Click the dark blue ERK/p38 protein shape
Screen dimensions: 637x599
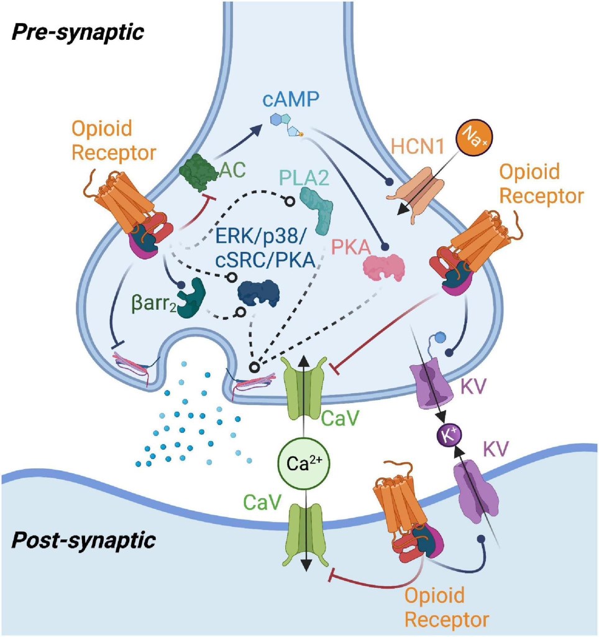pos(258,295)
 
